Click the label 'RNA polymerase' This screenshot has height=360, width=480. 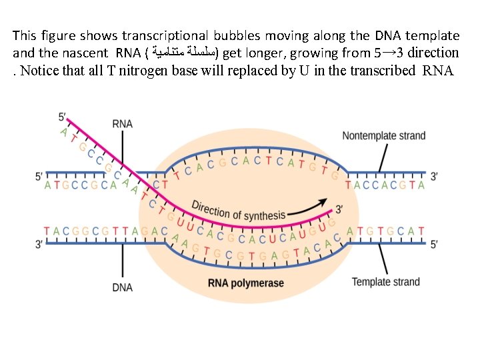coord(246,283)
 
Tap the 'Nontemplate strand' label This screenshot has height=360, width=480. coord(383,136)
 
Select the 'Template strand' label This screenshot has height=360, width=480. coord(385,281)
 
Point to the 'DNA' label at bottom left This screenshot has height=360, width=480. coord(122,287)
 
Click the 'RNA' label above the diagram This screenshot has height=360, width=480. coord(122,123)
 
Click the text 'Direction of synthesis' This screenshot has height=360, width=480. coord(238,211)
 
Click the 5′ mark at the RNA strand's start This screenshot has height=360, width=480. coord(62,117)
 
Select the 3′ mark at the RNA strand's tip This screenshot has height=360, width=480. coord(340,209)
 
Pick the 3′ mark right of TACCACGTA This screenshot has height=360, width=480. coord(435,176)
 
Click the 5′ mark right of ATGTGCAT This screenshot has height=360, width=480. coord(434,244)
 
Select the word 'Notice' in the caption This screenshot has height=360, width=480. coord(39,71)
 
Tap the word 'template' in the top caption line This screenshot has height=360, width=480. coord(434,35)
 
